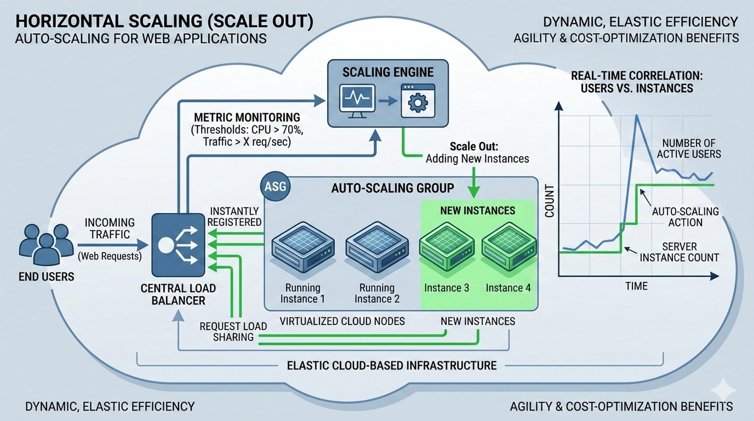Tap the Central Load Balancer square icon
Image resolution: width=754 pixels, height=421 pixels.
[178, 245]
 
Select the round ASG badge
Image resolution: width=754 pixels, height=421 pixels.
[275, 186]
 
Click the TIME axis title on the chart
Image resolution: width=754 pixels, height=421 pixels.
[636, 286]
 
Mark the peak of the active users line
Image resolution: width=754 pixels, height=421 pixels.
[637, 116]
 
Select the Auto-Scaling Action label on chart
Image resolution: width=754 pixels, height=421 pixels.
[685, 217]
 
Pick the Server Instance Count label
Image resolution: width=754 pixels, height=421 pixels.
[679, 252]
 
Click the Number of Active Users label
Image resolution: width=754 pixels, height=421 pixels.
[688, 149]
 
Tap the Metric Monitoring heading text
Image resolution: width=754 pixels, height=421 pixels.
[247, 117]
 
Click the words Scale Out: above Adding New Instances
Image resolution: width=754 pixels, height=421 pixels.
[474, 146]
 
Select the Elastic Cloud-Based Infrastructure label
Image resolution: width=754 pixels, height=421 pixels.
[392, 365]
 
